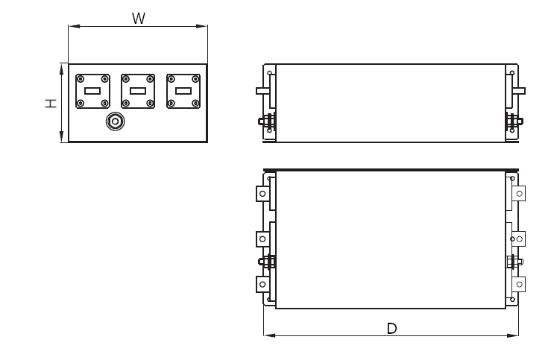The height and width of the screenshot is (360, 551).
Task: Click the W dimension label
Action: pos(138,18)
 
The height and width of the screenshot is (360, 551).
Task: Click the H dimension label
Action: pos(49,104)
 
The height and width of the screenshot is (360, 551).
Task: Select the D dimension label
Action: pos(391,328)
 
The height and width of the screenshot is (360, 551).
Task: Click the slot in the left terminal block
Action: pos(92,91)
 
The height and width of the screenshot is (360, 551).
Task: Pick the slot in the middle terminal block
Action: pos(138,91)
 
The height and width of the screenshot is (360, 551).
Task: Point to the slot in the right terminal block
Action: pos(183,91)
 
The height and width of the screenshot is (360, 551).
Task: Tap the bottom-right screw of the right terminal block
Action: pos(195,103)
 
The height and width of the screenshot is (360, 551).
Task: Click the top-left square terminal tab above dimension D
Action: pos(262,193)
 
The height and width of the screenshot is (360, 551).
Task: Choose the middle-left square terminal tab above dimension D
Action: pos(262,239)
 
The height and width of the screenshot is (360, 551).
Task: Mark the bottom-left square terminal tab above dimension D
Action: pos(262,284)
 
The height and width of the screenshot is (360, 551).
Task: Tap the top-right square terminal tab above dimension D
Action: pos(520,193)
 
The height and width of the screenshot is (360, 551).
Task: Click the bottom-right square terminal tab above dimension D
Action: pos(520,284)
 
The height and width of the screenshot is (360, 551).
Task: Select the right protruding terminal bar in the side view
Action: pos(520,91)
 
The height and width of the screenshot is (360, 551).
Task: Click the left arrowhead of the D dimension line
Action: pos(267,335)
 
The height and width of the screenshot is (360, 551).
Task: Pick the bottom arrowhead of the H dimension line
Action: pos(60,139)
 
